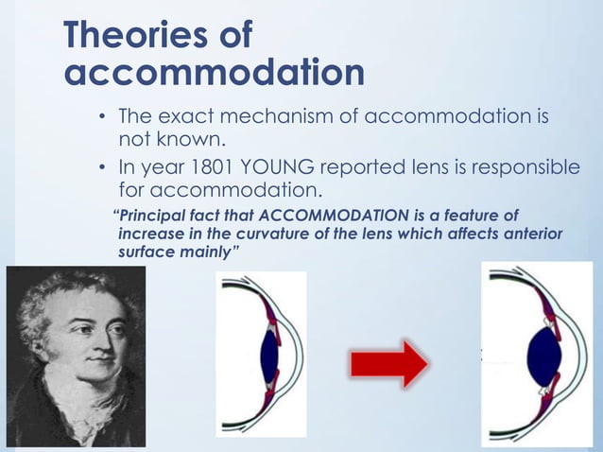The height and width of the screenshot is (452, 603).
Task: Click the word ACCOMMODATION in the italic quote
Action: click(x=321, y=214)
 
